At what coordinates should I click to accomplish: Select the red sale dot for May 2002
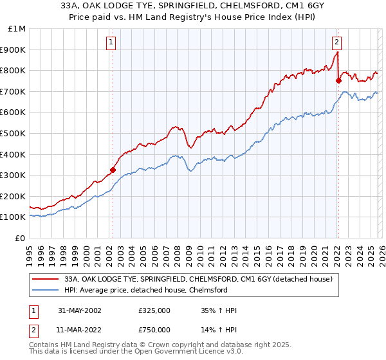pos(113,170)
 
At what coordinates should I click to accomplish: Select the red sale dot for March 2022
pos(338,81)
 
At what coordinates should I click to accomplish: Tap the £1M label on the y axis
pos(17,28)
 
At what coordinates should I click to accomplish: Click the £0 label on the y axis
pos(20,238)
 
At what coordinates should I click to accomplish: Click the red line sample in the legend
pos(46,280)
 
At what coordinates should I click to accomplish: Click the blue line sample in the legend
pos(46,291)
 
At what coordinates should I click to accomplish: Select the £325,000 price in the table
pos(154,310)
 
